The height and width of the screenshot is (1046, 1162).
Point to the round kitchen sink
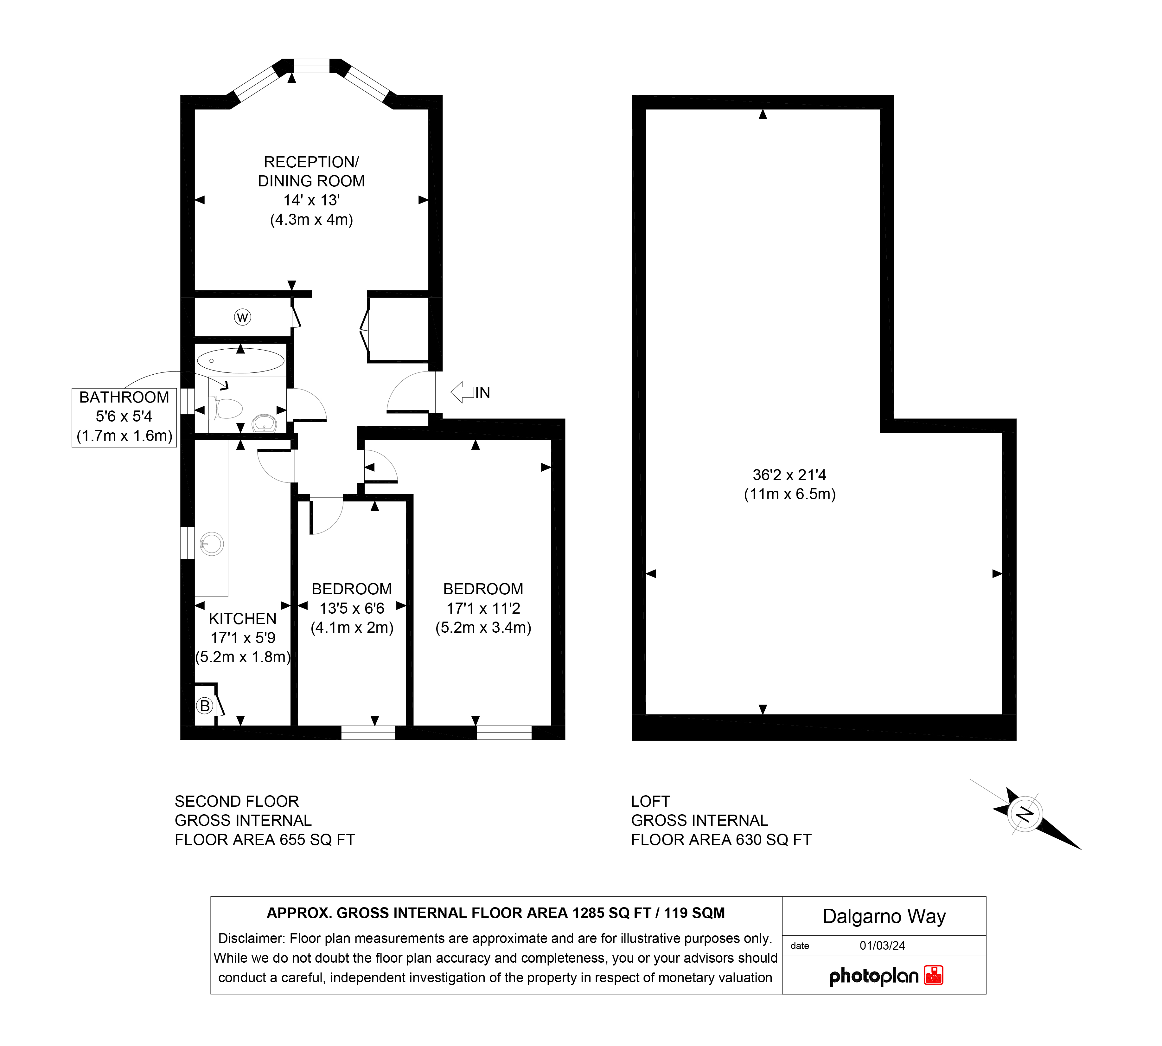tap(212, 544)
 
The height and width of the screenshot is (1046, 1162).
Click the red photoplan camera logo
tap(933, 975)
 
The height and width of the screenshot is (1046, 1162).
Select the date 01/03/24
tap(882, 946)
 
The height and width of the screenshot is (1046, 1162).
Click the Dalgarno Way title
tap(884, 916)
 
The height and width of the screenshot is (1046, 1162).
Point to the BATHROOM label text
tap(124, 397)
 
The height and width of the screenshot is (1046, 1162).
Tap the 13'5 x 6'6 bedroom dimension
tap(352, 608)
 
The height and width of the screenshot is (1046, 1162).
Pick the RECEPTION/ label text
tap(311, 162)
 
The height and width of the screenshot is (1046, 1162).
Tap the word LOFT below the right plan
tap(650, 801)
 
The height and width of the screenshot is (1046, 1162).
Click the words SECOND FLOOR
tap(237, 801)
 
